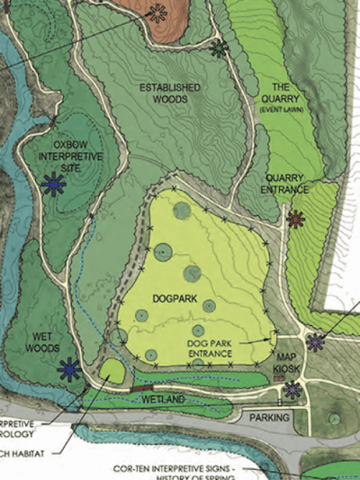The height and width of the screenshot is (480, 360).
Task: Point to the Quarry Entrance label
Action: click(284, 184)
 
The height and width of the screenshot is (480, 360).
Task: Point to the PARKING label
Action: click(269, 418)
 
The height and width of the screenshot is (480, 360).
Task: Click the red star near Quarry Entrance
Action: click(296, 218)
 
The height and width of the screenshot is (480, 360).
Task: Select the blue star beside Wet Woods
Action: click(68, 368)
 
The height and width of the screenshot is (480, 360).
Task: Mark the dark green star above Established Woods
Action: click(218, 50)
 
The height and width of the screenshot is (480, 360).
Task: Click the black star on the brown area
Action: click(157, 13)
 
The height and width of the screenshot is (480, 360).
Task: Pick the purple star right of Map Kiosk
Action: click(315, 341)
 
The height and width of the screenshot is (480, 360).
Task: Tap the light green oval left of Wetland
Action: click(112, 370)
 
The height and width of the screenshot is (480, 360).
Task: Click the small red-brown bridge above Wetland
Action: click(141, 388)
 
